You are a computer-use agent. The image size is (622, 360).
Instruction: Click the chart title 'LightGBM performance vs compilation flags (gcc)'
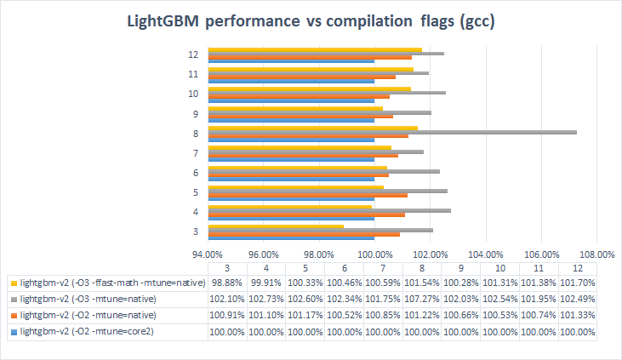[x=311, y=21]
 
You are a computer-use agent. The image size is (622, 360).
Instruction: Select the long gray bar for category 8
[x=392, y=131]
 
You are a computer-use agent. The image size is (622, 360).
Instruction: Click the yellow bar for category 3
[x=276, y=226]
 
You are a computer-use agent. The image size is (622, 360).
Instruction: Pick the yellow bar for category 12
[x=315, y=49]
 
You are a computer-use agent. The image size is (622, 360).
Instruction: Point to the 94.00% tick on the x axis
[x=208, y=254]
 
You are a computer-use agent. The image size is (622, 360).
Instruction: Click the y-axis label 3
[x=196, y=231]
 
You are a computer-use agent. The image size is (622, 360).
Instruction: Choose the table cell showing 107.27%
[x=418, y=299]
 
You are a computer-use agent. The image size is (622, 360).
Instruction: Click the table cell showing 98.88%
[x=227, y=283]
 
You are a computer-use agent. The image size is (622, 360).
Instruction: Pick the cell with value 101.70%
[x=577, y=283]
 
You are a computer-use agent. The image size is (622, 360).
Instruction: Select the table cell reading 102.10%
[x=227, y=299]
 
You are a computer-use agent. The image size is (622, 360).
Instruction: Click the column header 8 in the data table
[x=418, y=267]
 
